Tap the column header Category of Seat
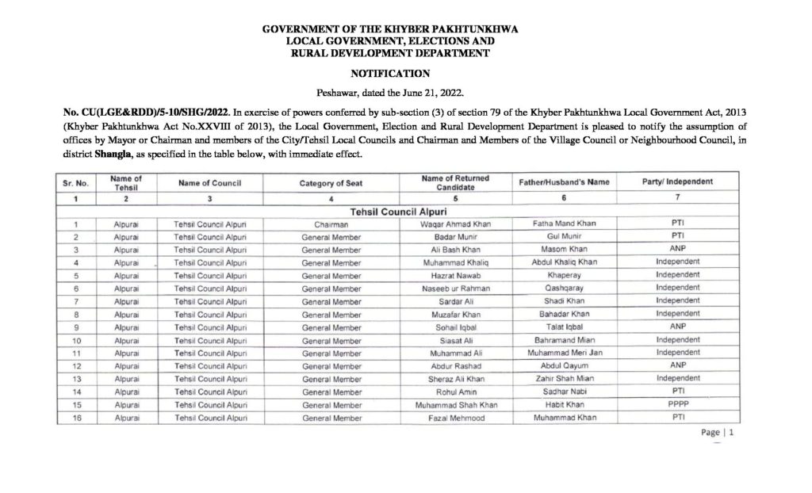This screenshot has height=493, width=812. coord(331,182)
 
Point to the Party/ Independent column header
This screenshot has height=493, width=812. coord(676,182)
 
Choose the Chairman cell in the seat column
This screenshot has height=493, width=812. coord(331,224)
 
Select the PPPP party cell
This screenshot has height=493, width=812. coord(676,403)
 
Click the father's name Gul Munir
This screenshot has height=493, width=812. coord(564,237)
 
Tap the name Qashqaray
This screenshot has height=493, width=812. coord(564,289)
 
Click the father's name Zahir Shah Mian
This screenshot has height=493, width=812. coord(564,378)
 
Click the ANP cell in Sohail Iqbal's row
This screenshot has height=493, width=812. coord(676,327)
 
